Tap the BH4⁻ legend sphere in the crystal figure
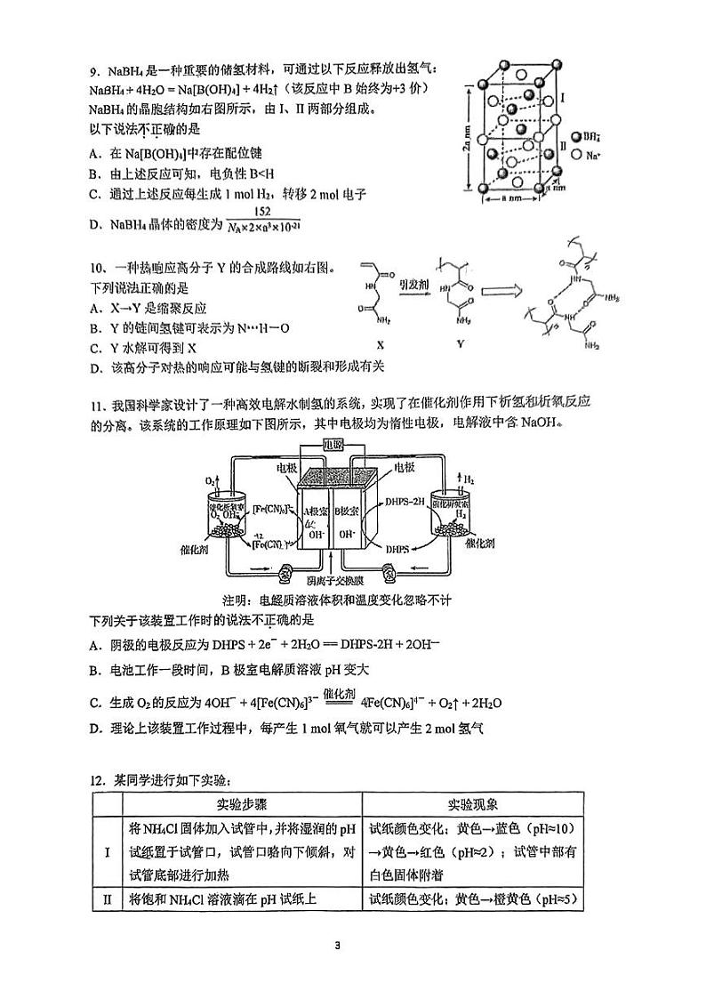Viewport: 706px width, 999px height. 575,136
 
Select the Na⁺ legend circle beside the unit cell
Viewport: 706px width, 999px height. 575,154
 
